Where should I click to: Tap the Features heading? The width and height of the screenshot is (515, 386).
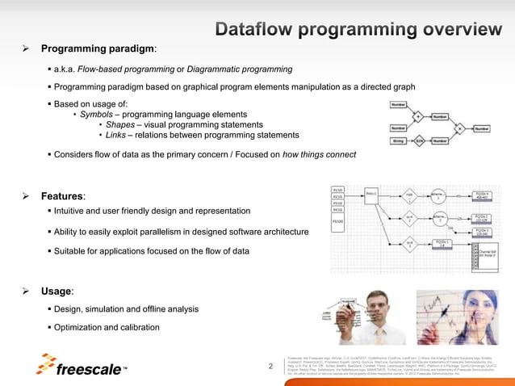[x=63, y=196]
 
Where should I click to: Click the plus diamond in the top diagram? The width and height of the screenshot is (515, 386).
[x=418, y=115]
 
